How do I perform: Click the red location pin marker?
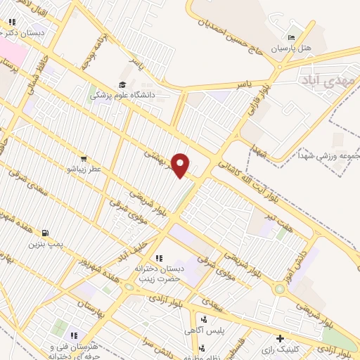181,165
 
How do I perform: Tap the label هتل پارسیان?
295,48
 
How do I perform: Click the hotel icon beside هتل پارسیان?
292,37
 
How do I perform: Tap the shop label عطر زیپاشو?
84,169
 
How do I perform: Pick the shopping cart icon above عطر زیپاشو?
84,159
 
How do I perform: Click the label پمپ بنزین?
46,243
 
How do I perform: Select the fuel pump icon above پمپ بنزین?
45,233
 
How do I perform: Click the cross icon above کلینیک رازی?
280,338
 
